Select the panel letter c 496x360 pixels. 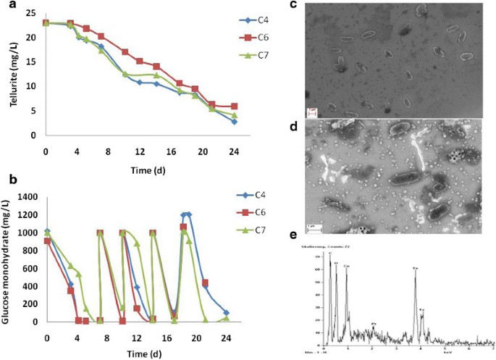(293, 5)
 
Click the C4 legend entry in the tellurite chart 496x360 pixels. (245, 20)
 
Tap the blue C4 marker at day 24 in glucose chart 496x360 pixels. (226, 313)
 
